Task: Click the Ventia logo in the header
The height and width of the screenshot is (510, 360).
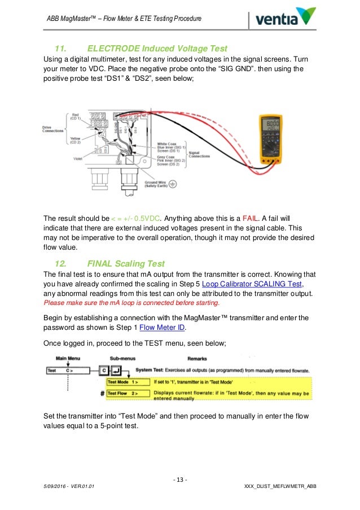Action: coord(286,19)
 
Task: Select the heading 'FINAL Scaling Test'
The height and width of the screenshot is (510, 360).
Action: coord(126,263)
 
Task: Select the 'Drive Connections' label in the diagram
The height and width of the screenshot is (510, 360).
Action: coord(54,129)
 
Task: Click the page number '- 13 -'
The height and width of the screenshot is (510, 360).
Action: coord(180,480)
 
